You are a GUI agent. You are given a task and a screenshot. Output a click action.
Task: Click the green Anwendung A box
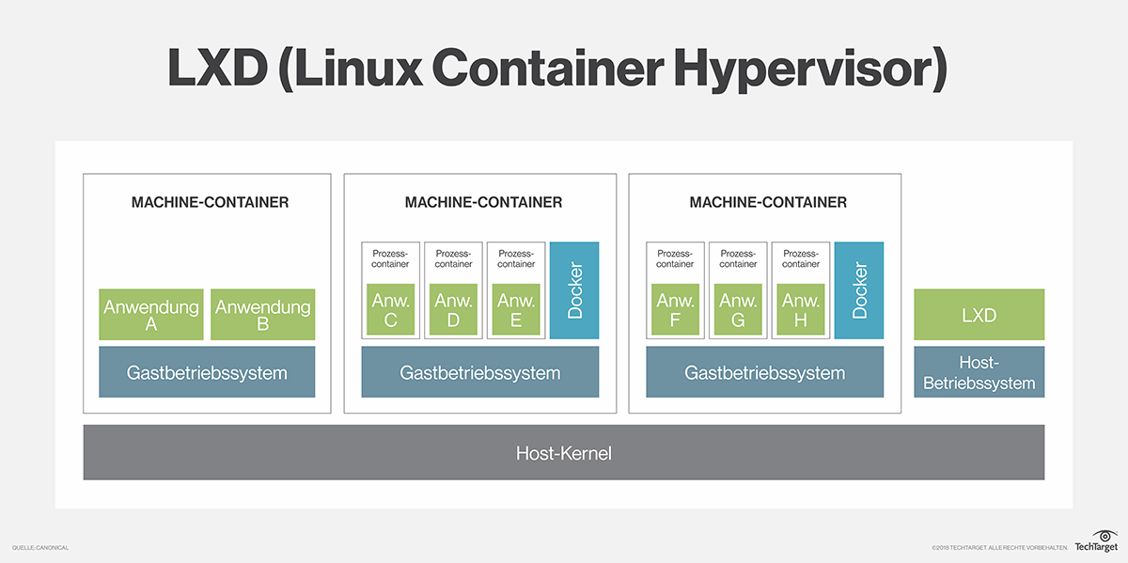coord(150,315)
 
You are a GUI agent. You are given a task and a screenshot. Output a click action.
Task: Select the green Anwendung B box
coord(262,315)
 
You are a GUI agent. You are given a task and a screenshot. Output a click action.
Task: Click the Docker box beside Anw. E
coord(574,290)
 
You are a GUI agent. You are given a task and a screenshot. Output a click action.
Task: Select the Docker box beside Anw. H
coord(859,290)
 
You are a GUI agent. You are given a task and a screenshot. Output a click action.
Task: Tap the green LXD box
coord(979,315)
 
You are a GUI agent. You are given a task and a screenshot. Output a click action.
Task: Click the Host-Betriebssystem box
coord(979,372)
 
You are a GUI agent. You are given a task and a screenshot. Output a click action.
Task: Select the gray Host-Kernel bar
coord(563,453)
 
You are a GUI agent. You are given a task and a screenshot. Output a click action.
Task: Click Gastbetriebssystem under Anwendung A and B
coord(207,372)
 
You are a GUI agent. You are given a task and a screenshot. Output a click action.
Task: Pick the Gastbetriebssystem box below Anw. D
coord(480,372)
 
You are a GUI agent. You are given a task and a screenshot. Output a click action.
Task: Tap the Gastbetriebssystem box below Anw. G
coord(764,372)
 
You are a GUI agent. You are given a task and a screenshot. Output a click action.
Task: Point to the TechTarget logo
coord(1094,540)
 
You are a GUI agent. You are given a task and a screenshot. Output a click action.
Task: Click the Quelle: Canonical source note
coord(40,548)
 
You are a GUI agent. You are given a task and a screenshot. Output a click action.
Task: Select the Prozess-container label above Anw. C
coord(390,258)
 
